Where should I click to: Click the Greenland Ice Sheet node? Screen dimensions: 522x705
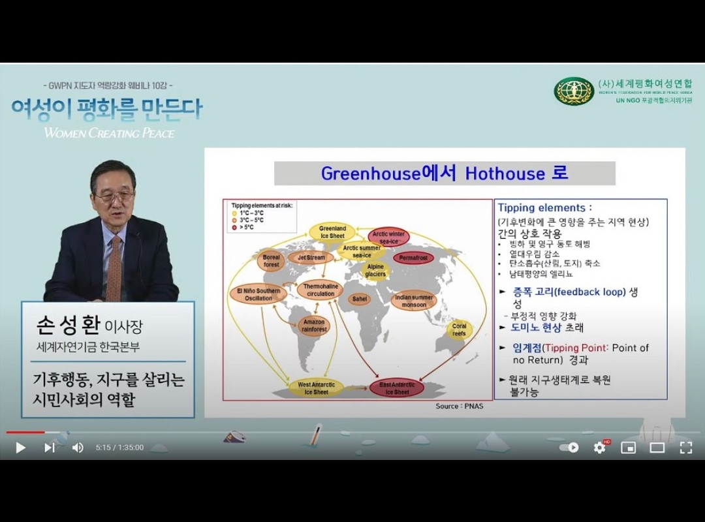click(x=332, y=232)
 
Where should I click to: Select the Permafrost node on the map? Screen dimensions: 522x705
click(x=413, y=258)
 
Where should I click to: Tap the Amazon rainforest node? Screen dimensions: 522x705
click(x=313, y=326)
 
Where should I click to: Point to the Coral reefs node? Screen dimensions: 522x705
click(x=460, y=330)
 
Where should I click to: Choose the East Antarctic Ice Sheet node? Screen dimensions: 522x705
click(x=397, y=388)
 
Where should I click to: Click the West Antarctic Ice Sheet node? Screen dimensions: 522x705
click(x=313, y=388)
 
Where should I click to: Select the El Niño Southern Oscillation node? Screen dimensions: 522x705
click(x=258, y=294)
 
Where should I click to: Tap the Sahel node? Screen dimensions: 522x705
click(x=359, y=299)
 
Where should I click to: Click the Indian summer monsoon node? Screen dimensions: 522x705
click(x=414, y=301)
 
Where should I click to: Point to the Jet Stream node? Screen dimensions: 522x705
click(x=311, y=258)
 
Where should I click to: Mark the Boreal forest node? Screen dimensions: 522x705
click(x=272, y=261)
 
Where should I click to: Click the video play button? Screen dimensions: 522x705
click(x=20, y=448)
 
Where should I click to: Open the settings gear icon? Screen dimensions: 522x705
click(x=599, y=448)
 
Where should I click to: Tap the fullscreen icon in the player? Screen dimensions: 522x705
click(x=685, y=448)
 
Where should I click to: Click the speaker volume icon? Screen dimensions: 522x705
click(x=78, y=448)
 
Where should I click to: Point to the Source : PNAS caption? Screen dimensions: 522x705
click(x=460, y=407)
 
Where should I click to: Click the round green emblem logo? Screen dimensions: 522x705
click(x=573, y=91)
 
